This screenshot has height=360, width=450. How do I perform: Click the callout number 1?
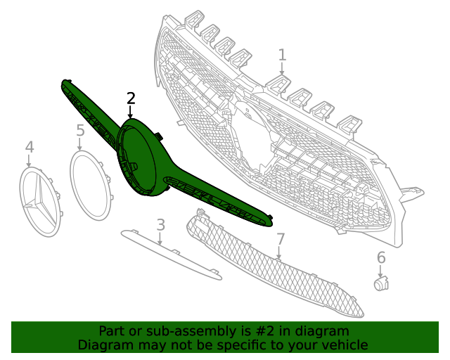point(282,55)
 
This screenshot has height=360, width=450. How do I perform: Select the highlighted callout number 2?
point(131,98)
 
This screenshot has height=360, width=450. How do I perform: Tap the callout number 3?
point(160,225)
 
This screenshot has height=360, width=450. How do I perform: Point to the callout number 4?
point(29,147)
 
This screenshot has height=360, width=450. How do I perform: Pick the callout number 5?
point(80,130)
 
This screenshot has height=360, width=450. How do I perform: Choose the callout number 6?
point(381,257)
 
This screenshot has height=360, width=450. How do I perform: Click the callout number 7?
point(280,239)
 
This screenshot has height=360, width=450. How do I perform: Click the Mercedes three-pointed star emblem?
point(39,201)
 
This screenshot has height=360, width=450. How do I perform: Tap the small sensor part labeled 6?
point(380,283)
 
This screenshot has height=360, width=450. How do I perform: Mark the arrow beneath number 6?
point(381,270)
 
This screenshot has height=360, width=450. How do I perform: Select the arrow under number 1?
point(282,68)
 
